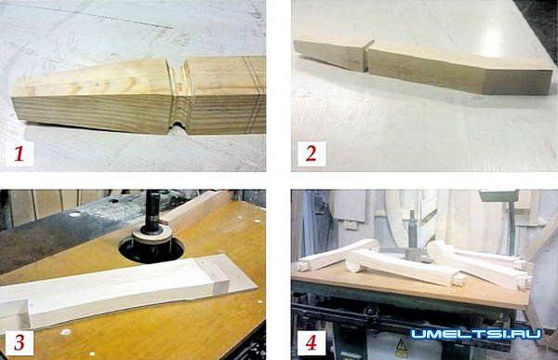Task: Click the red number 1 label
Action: point(20,153)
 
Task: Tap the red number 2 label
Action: point(311,153)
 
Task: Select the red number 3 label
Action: point(20,342)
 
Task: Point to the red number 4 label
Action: point(311,343)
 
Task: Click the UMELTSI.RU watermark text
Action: point(476,334)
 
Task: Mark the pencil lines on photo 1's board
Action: point(253,93)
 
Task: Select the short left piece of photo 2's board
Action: point(330,54)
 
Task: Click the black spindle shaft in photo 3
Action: point(153,211)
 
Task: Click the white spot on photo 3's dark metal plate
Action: point(74,214)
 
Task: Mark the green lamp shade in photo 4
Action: point(498,196)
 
